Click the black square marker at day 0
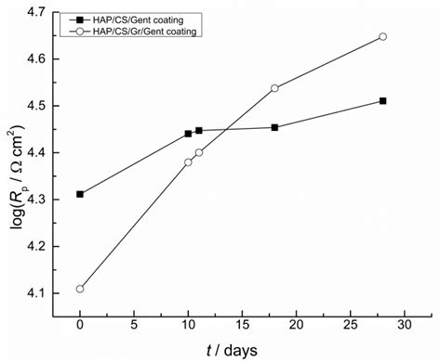tap(80, 194)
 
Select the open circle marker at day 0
tap(80, 289)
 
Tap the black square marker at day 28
tap(383, 100)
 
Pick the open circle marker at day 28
tap(383, 36)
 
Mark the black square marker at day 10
tap(188, 134)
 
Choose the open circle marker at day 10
tap(188, 162)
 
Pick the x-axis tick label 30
tap(405, 326)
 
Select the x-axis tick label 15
tap(242, 326)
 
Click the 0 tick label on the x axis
tap(80, 326)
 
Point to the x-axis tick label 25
tap(351, 326)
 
